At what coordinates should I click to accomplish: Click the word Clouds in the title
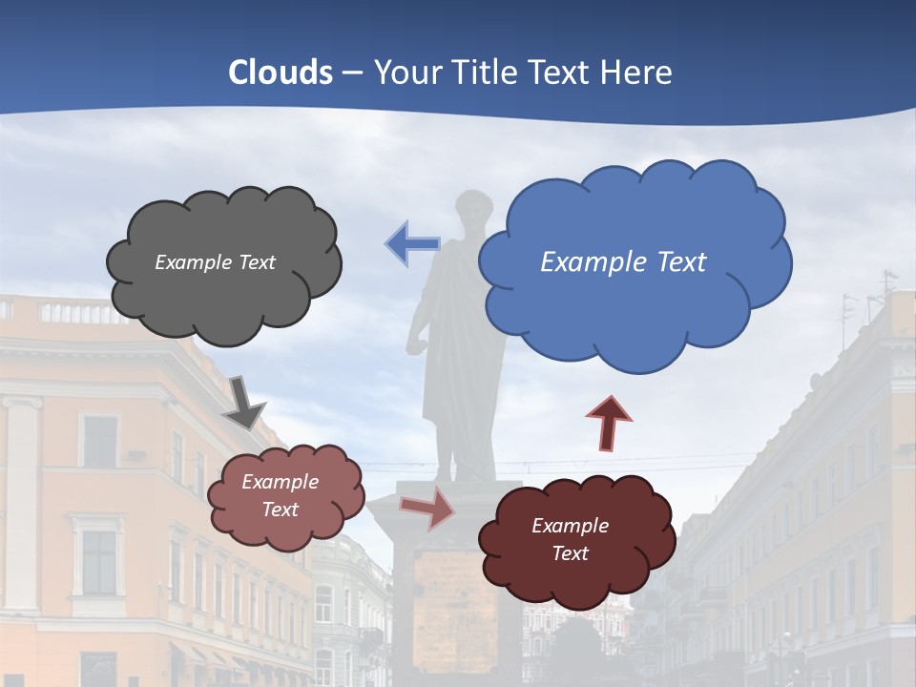click(281, 73)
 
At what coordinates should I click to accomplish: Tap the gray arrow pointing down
click(243, 402)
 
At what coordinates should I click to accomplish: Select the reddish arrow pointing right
click(427, 508)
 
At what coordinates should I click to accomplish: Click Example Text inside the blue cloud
click(623, 262)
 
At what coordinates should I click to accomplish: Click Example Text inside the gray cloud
click(215, 262)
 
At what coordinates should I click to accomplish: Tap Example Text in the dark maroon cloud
click(570, 539)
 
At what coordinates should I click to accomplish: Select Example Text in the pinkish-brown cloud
click(280, 495)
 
